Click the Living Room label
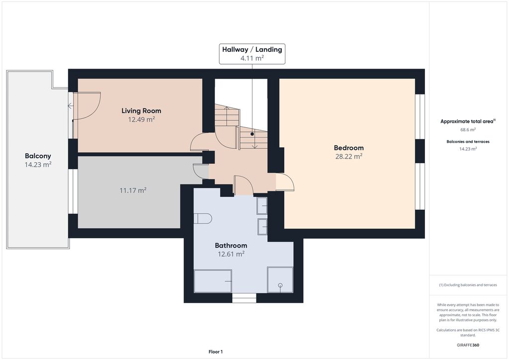pyautogui.click(x=141, y=111)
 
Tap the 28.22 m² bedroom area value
pyautogui.click(x=348, y=157)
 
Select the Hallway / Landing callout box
pyautogui.click(x=252, y=54)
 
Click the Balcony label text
pyautogui.click(x=38, y=156)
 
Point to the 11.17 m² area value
pyautogui.click(x=133, y=190)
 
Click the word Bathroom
pyautogui.click(x=231, y=246)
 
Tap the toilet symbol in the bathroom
pyautogui.click(x=203, y=218)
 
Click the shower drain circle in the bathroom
pyautogui.click(x=280, y=285)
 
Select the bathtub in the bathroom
pyautogui.click(x=213, y=281)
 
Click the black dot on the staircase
pyautogui.click(x=252, y=134)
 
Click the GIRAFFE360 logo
pyautogui.click(x=468, y=345)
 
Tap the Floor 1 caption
pyautogui.click(x=216, y=352)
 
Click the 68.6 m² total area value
pyautogui.click(x=468, y=129)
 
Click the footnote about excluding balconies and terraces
pyautogui.click(x=468, y=285)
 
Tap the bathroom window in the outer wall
pyautogui.click(x=244, y=298)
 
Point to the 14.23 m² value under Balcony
pyautogui.click(x=38, y=165)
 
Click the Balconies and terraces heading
pyautogui.click(x=468, y=142)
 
